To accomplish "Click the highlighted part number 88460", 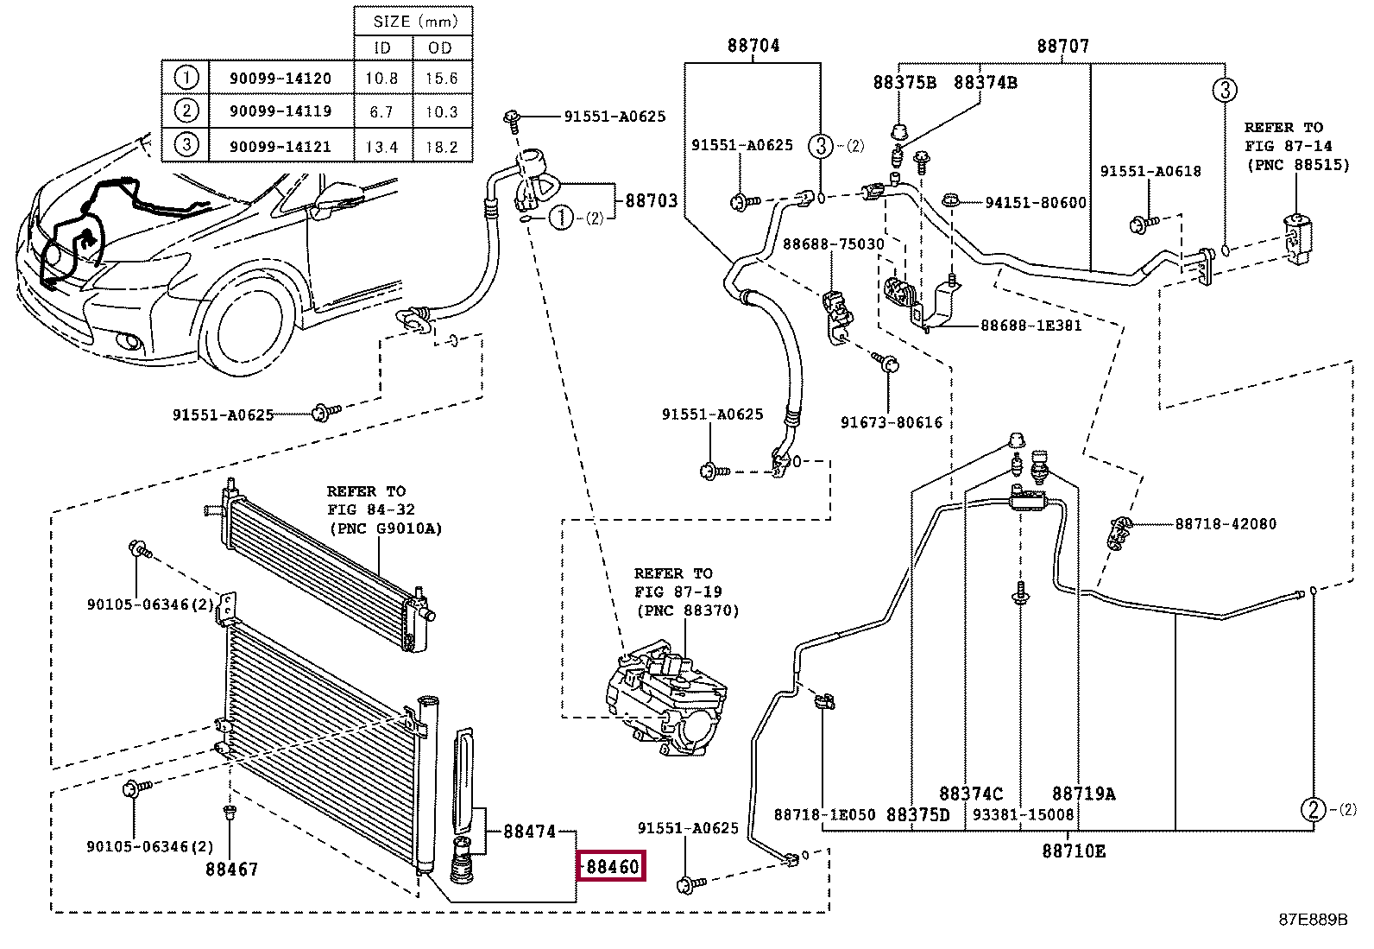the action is point(613,866).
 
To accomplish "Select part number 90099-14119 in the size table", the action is point(280,111).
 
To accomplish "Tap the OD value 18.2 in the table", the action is point(442,148).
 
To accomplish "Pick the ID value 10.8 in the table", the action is point(381,78).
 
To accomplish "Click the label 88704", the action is point(753,46).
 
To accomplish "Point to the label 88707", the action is point(1063,46).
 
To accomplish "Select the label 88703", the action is point(652,200).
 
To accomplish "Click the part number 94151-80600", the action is point(1036,203).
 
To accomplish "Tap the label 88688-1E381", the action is point(1030,326).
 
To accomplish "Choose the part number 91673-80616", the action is point(892,422).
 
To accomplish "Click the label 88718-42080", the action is point(1226,523).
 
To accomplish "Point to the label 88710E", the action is point(1074,851).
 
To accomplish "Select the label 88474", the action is point(529,832).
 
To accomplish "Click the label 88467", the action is point(232,870).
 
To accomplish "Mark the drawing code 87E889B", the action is point(1314,920).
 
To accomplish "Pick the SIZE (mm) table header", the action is point(415,22).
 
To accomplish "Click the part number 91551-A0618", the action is point(1150,171).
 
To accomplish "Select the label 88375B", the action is point(904,82).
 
